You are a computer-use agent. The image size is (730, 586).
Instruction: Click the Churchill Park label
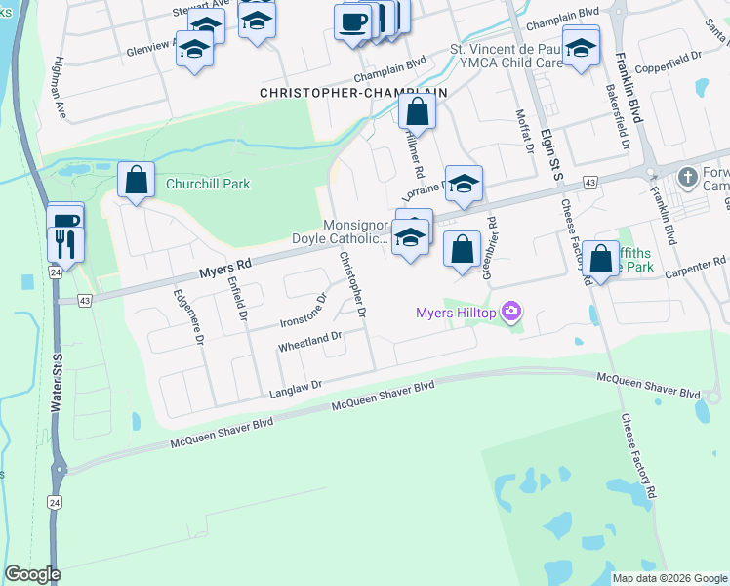click(x=207, y=184)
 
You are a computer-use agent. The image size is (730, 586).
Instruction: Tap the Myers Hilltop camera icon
click(x=510, y=313)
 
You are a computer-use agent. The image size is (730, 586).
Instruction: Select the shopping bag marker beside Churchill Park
click(x=136, y=181)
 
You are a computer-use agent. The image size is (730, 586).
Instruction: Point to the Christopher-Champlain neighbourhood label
click(x=352, y=92)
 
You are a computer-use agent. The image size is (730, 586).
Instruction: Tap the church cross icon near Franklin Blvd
click(x=688, y=177)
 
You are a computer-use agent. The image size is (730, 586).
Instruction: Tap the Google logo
click(x=32, y=574)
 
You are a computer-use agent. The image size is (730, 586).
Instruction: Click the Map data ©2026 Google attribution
click(x=669, y=578)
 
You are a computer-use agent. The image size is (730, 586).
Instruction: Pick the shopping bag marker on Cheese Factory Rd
click(x=601, y=261)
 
